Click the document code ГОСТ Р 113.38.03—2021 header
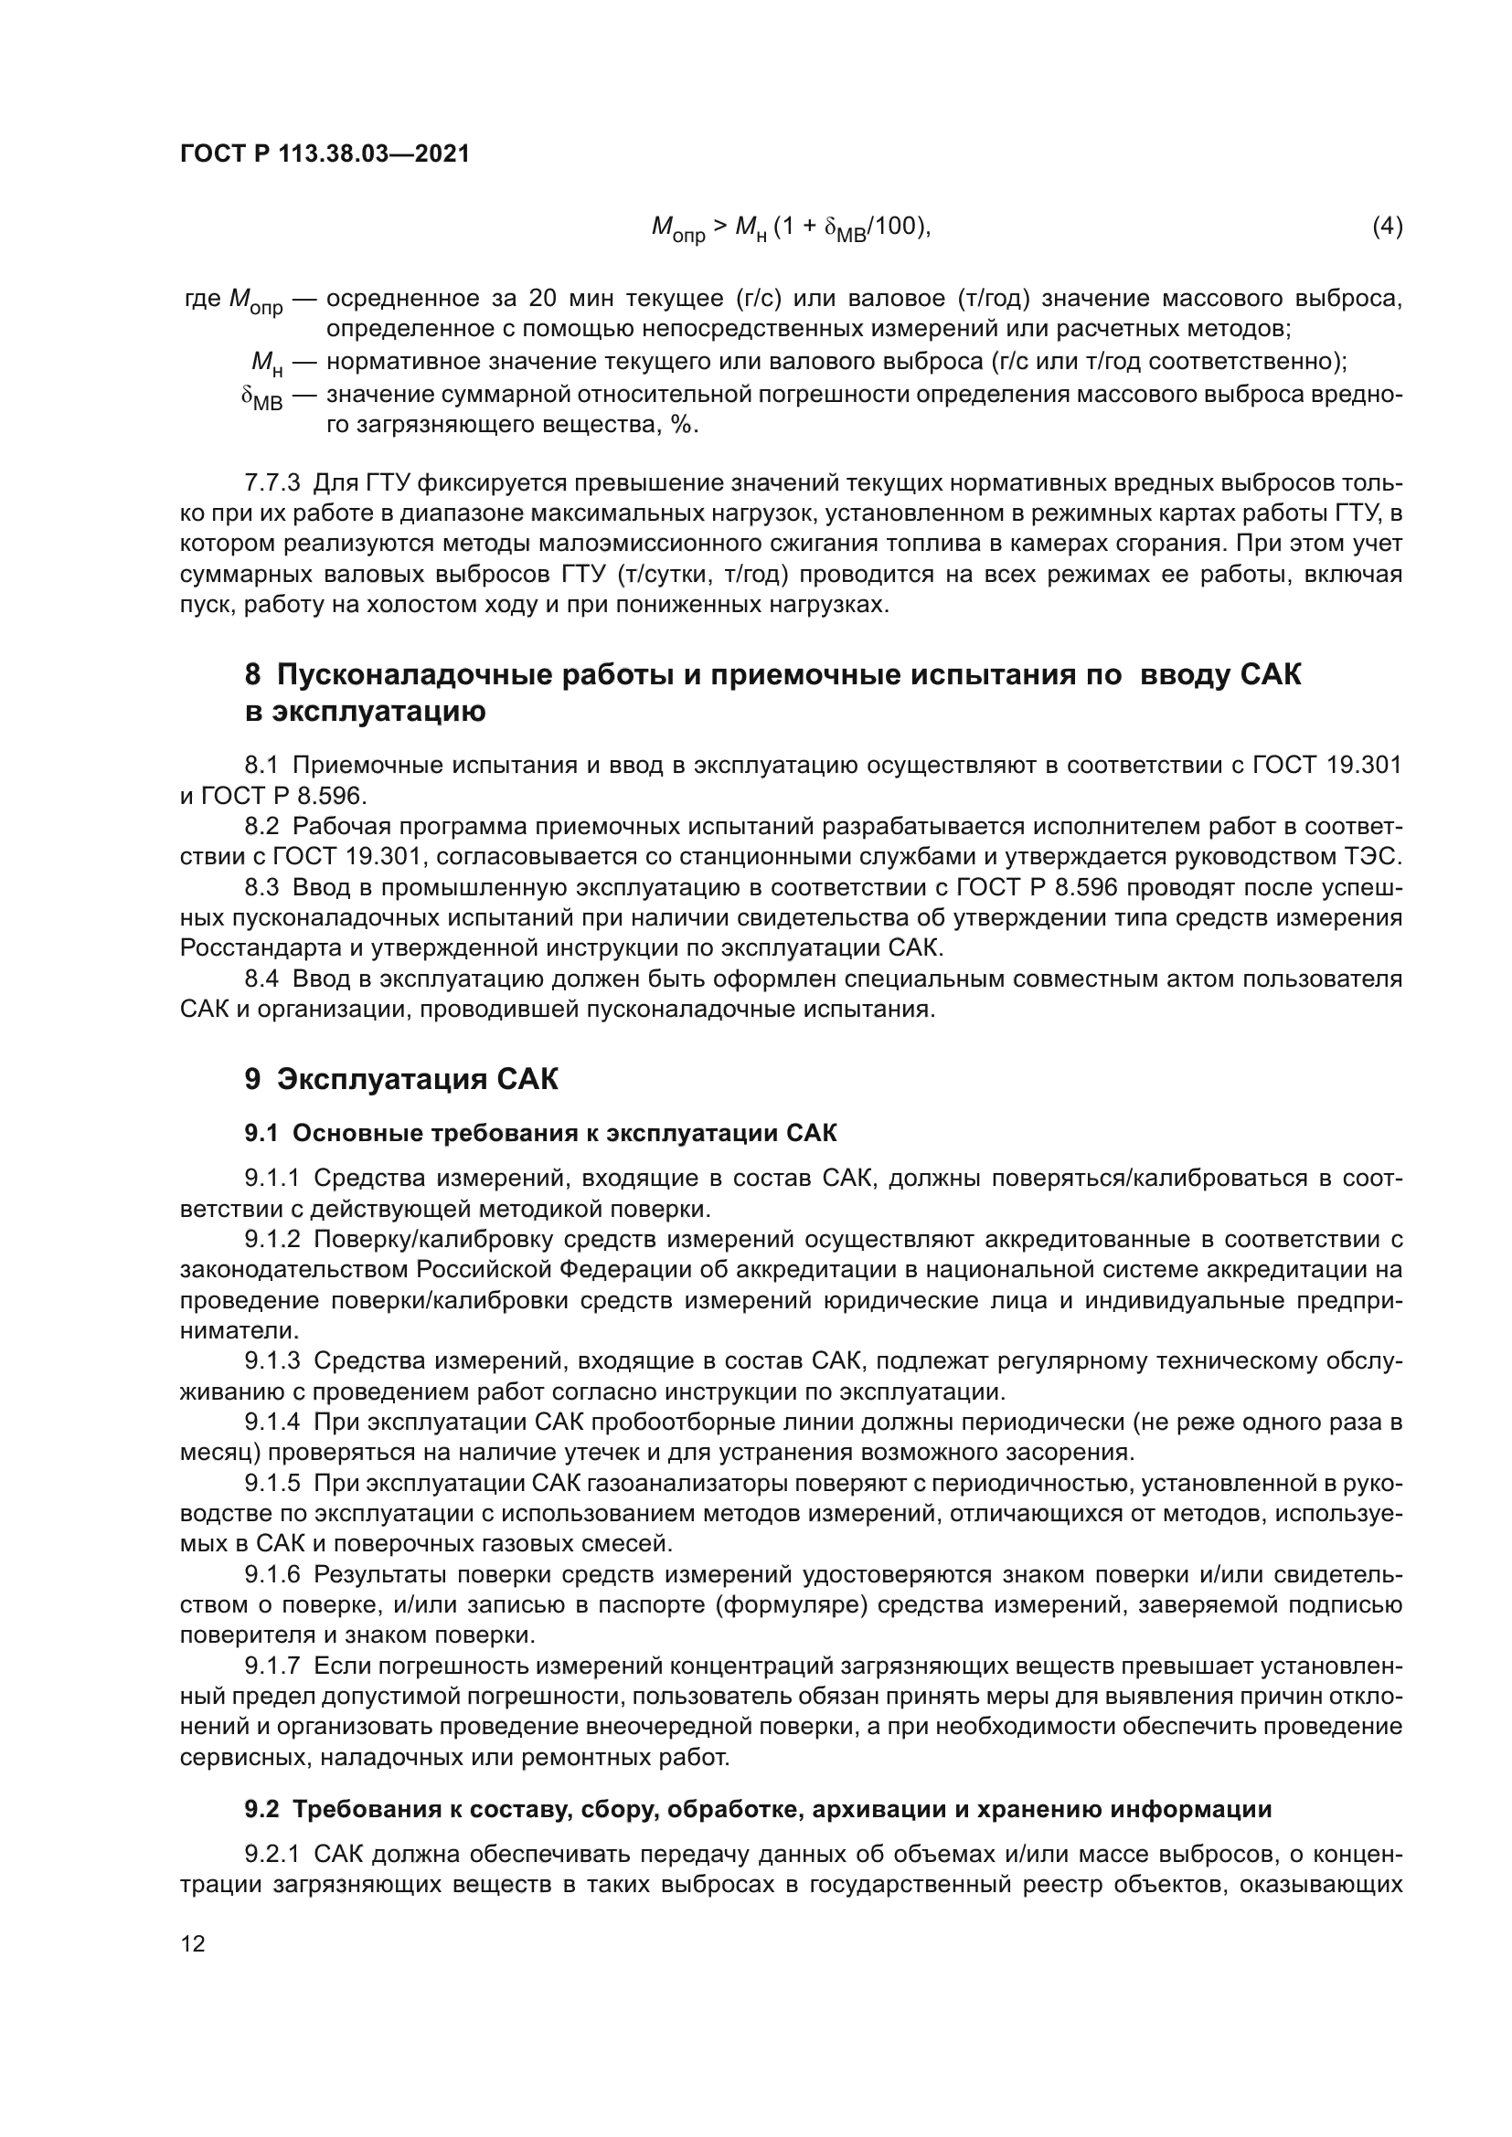324,154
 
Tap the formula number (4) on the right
1388,227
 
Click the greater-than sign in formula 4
720,227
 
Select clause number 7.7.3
272,483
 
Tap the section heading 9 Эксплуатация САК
401,1080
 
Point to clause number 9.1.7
272,1666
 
